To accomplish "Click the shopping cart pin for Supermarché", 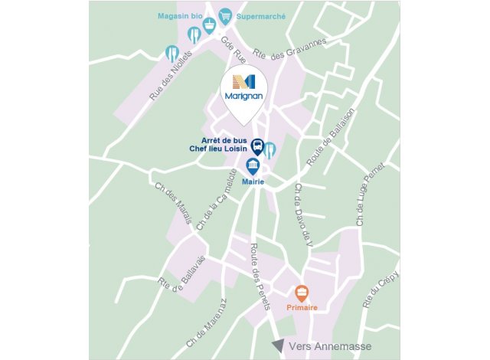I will pyautogui.click(x=225, y=15).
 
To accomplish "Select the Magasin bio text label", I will pyautogui.click(x=179, y=15).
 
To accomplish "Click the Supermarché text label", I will pyautogui.click(x=261, y=15).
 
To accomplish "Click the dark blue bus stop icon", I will pyautogui.click(x=258, y=146).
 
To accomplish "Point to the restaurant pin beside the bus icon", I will pyautogui.click(x=270, y=149).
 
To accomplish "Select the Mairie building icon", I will pyautogui.click(x=253, y=165).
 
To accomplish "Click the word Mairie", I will pyautogui.click(x=253, y=182).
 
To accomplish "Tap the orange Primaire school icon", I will pyautogui.click(x=302, y=292).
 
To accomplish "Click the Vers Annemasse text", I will pyautogui.click(x=322, y=346).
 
